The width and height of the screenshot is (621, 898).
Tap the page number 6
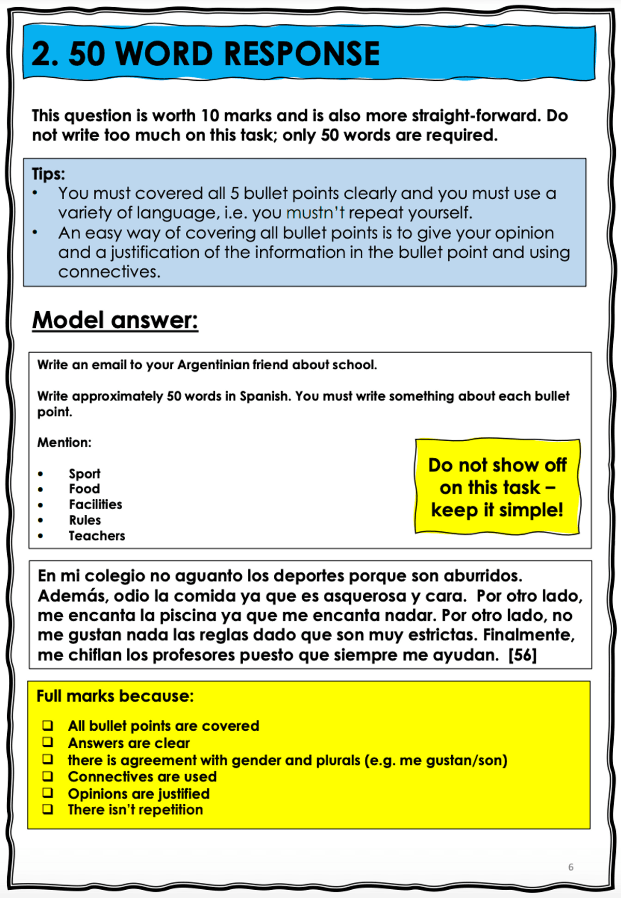pos(571,867)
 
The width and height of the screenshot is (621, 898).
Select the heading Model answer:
pos(115,320)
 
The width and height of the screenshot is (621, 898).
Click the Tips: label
pos(48,174)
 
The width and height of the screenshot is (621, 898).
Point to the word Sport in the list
pos(84,474)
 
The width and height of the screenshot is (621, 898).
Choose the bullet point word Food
pos(84,489)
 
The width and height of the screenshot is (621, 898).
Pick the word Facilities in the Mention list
pos(95,504)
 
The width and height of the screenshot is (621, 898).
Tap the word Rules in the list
pos(85,520)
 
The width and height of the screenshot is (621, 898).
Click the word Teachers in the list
pos(97,536)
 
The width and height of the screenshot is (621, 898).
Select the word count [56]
pos(523,655)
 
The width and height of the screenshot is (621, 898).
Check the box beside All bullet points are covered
pos(48,726)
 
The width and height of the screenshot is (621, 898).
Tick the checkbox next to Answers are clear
pos(48,743)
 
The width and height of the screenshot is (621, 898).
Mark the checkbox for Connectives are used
pos(48,776)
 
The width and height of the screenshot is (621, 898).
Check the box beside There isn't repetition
pos(48,809)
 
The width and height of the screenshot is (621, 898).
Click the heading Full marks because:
pos(115,696)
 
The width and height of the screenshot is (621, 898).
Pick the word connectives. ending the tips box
pos(109,272)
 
